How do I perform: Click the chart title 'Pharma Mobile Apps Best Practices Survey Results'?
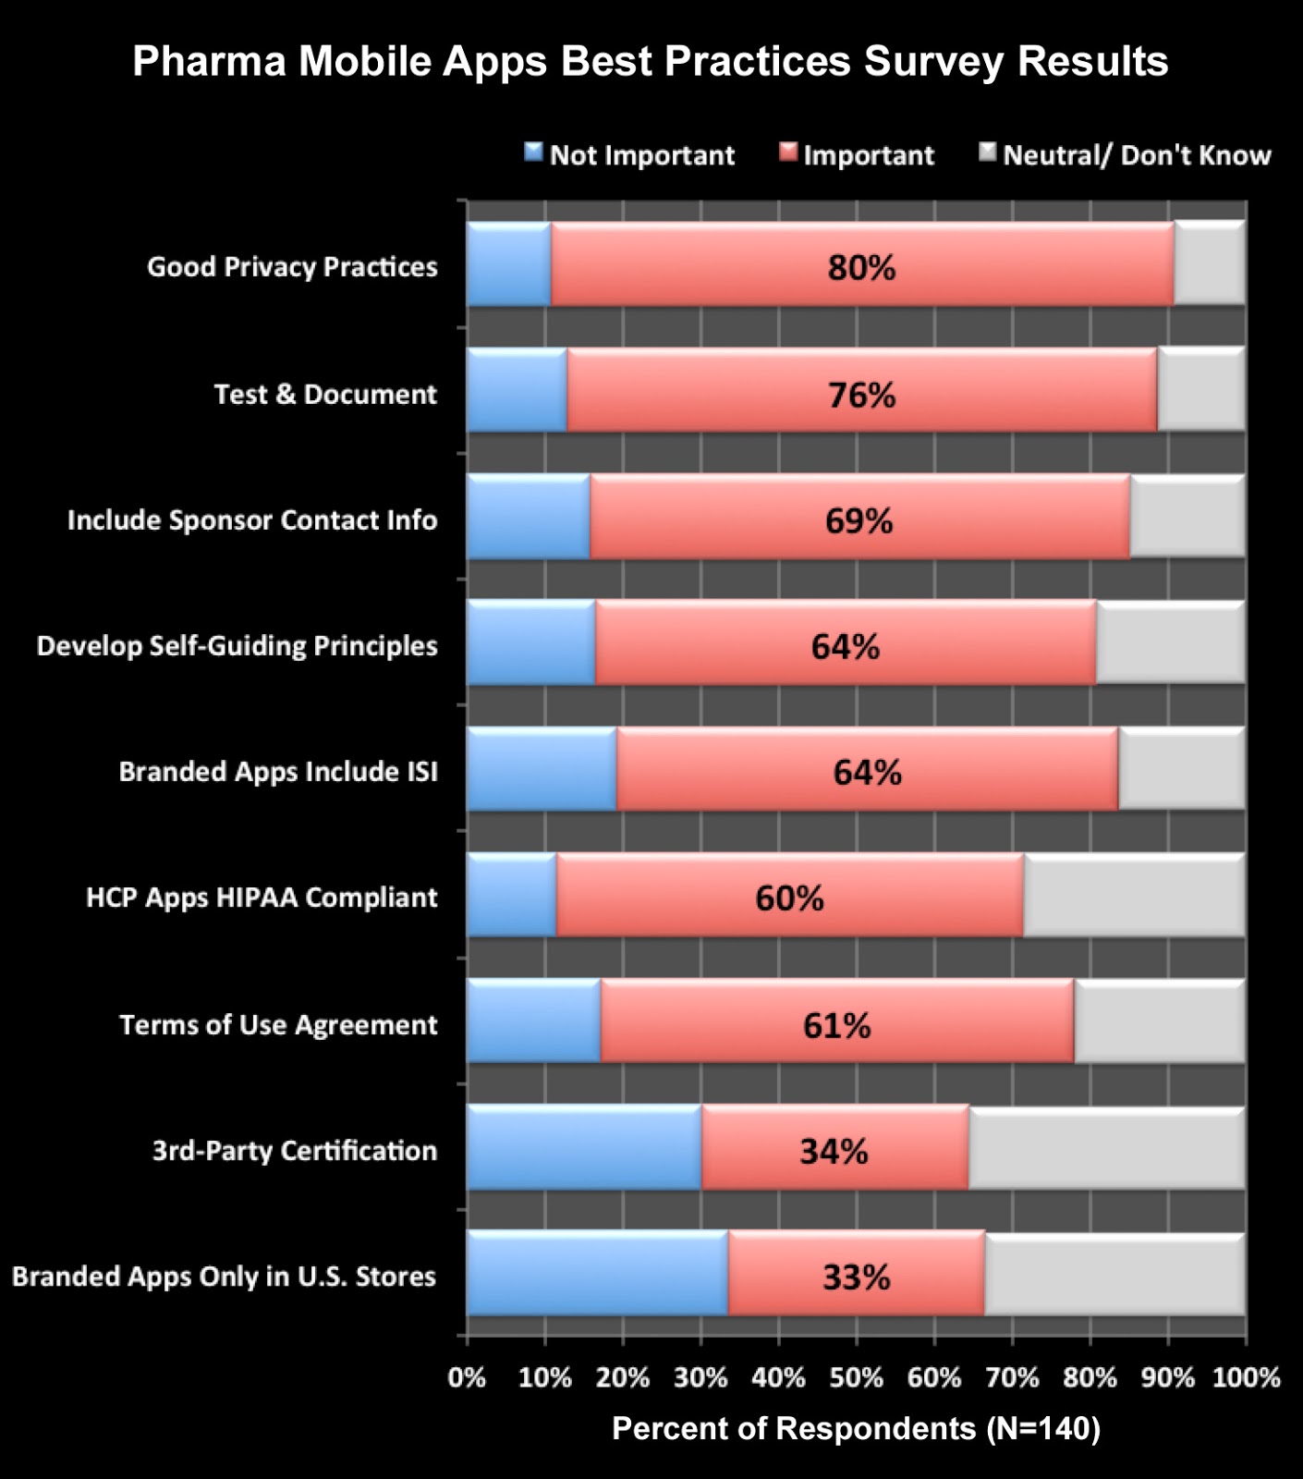tap(650, 62)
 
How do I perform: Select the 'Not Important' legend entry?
tap(629, 155)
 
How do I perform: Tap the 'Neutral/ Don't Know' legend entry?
tap(1125, 155)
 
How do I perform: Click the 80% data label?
tap(861, 268)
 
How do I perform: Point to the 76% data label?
tap(861, 396)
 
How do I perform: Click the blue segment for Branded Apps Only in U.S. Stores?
tap(597, 1273)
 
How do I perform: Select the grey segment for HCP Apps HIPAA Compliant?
tap(1134, 896)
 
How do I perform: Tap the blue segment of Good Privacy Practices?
tap(508, 264)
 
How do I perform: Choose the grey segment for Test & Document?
tap(1200, 390)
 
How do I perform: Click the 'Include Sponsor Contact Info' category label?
tap(251, 520)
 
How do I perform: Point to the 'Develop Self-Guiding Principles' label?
tap(237, 646)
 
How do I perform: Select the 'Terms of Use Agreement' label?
tap(277, 1025)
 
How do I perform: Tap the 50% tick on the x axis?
tap(856, 1378)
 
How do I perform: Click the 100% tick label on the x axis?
tap(1246, 1378)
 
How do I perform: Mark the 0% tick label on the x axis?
tap(467, 1378)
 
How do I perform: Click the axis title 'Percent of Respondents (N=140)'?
tap(856, 1429)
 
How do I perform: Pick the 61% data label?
tap(836, 1026)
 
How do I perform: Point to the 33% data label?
tap(856, 1277)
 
